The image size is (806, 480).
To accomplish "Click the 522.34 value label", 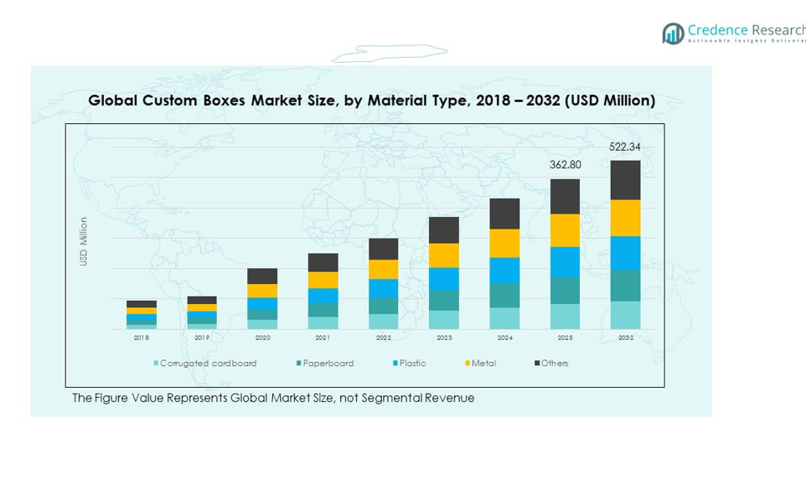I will [625, 147].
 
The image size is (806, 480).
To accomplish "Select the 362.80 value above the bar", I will [565, 165].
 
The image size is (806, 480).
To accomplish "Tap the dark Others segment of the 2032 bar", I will [625, 180].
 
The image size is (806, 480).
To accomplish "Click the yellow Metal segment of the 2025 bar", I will [565, 230].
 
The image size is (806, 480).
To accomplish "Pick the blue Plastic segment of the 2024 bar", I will [504, 271].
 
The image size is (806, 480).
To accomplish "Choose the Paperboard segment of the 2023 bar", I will [444, 300].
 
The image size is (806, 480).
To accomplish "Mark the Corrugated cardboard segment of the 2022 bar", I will [384, 322].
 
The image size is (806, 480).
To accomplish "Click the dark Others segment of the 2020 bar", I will [262, 276].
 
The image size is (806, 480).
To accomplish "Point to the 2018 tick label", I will [142, 338].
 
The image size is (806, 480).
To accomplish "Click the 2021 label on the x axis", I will [323, 338].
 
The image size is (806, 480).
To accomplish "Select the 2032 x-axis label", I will [625, 338].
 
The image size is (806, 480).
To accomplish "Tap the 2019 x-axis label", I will [202, 338].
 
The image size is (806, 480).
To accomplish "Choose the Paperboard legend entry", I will [327, 364].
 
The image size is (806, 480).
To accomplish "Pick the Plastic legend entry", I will [411, 364].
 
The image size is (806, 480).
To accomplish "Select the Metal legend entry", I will [482, 364].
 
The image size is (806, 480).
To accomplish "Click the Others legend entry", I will [554, 364].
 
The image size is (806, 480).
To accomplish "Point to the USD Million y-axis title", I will [84, 241].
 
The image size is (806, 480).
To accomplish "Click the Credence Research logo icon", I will [673, 34].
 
